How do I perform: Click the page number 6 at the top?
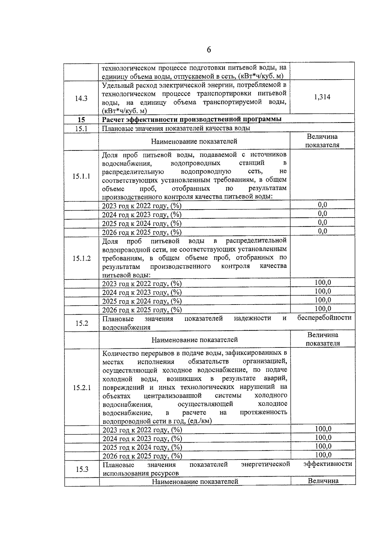209,50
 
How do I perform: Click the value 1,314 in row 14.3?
322,97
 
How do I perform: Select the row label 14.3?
81,98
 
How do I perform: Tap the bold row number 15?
81,120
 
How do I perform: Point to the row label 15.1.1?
81,176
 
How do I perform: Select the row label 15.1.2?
81,258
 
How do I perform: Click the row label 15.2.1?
82,388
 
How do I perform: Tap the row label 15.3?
82,469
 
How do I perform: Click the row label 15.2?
82,323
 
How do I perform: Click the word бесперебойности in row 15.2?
324,318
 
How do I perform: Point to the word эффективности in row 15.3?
328,464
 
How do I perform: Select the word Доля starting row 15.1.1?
110,155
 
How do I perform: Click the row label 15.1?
81,129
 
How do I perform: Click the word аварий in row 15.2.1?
275,379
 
